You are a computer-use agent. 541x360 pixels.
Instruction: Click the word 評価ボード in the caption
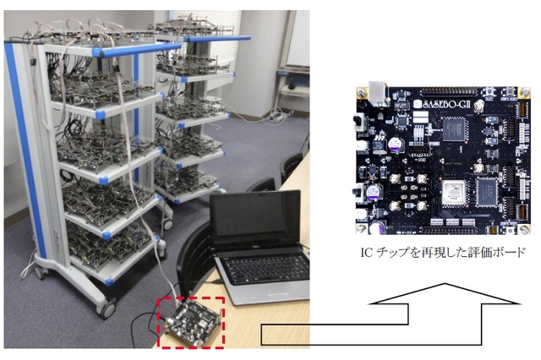[499, 252]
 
